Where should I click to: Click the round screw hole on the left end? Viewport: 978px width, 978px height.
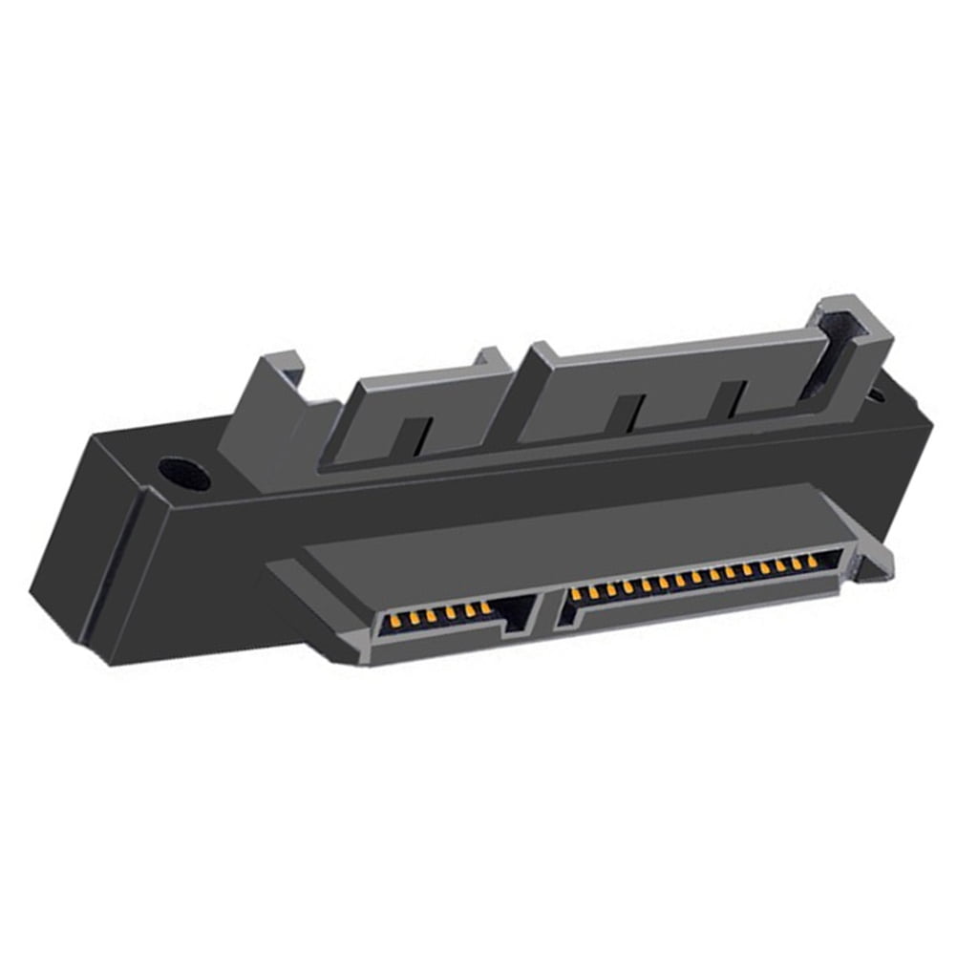point(182,473)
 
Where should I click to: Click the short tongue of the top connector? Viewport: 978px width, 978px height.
point(420,411)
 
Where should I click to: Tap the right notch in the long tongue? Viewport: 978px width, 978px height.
point(733,397)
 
